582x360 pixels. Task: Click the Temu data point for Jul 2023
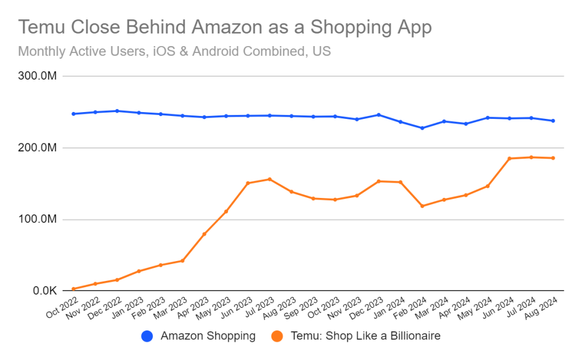pos(269,179)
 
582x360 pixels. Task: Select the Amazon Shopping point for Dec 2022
pos(117,111)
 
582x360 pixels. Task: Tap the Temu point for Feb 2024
pos(422,206)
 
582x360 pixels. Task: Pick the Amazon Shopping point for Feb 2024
pos(422,128)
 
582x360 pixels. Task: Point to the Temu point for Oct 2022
pos(73,289)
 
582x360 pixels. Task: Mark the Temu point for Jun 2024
pos(509,158)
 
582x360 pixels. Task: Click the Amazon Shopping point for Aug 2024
pos(553,121)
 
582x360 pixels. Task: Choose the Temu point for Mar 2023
pos(182,260)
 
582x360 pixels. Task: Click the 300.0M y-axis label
pos(36,76)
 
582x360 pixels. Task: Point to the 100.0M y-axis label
pos(36,220)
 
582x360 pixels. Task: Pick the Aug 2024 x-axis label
pos(543,309)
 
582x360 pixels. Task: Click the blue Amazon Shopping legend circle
pos(147,336)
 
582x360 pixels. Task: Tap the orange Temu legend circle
pos(277,336)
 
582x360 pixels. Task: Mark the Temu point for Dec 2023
pos(379,181)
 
